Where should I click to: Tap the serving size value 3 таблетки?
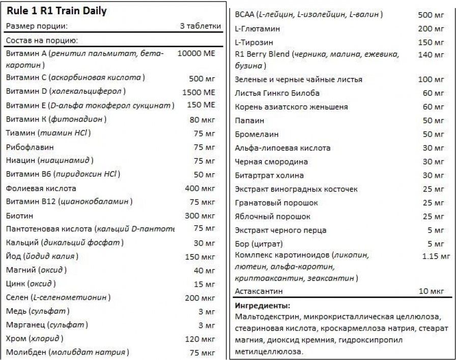coord(201,26)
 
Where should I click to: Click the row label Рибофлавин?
coord(26,147)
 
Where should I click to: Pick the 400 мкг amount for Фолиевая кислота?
coord(200,188)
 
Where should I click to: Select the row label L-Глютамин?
coord(257,29)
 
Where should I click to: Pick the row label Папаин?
coord(249,121)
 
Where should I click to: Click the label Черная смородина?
coord(271,162)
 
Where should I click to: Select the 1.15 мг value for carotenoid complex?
coord(436,256)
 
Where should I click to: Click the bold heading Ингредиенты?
coord(263,306)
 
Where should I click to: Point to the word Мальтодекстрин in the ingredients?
coord(267,317)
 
